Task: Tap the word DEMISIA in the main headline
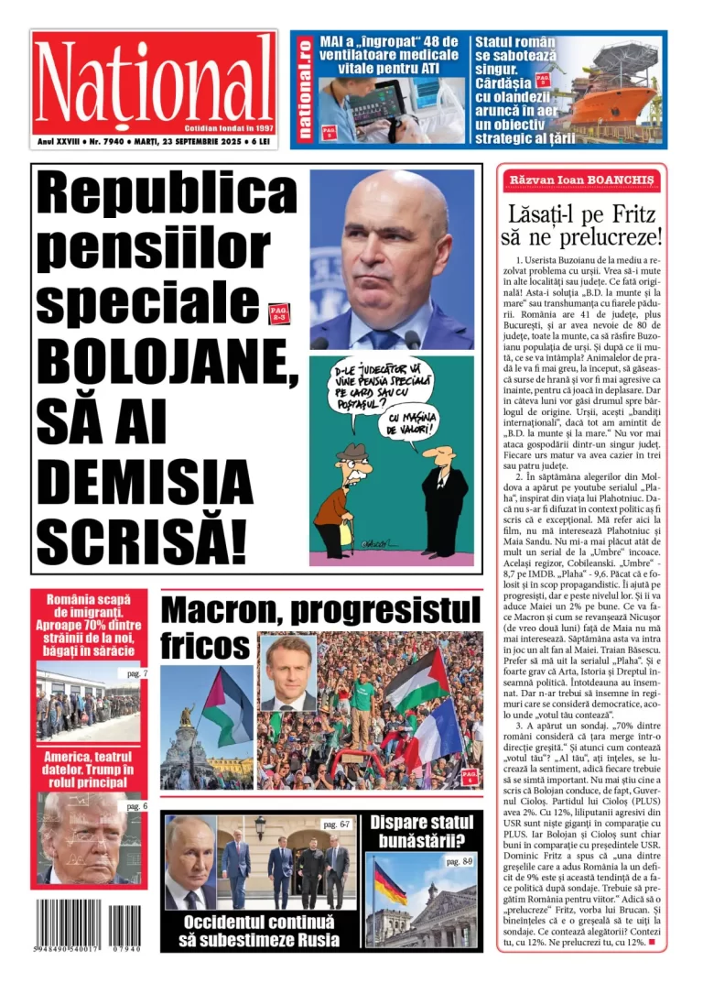(145, 480)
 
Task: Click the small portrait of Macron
(287, 673)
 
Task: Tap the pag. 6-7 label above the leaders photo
(336, 824)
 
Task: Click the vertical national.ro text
(305, 90)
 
